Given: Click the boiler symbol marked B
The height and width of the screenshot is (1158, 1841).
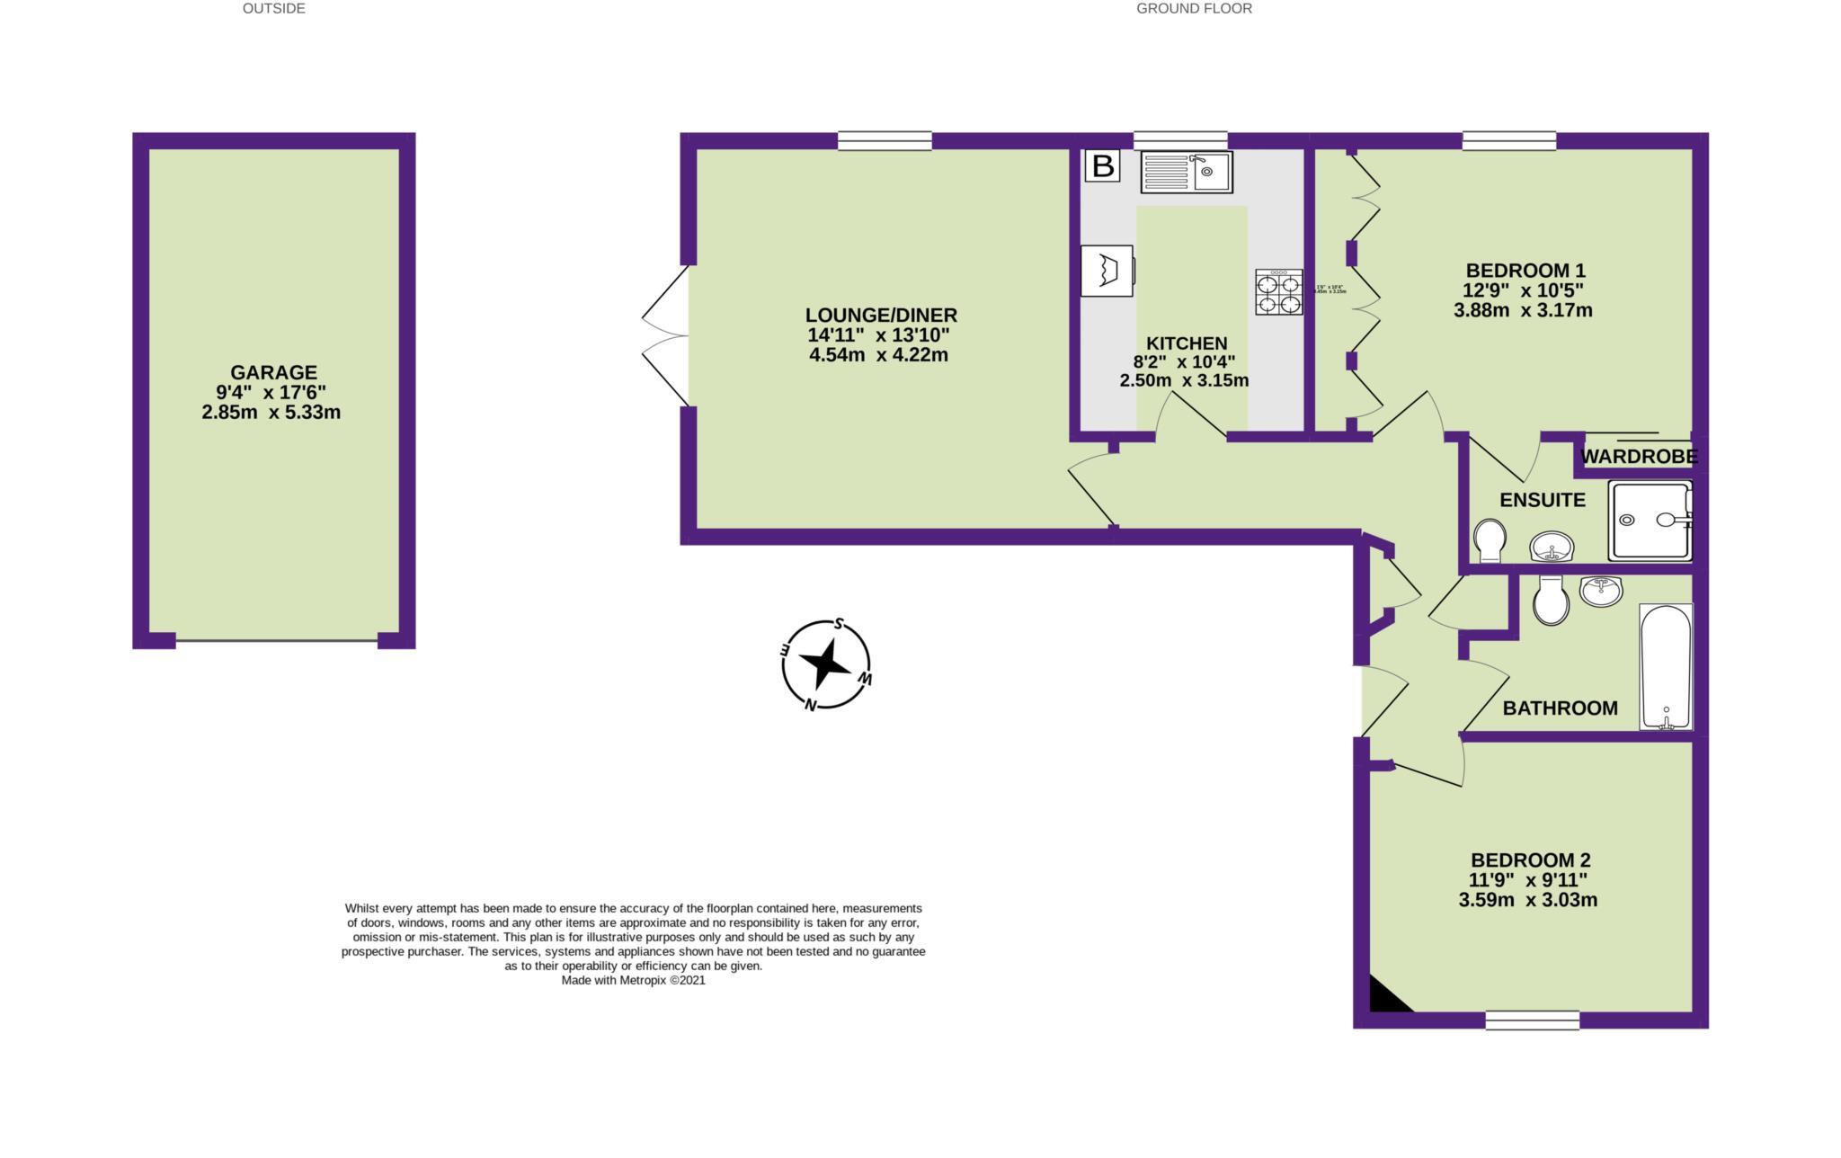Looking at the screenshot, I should (1102, 165).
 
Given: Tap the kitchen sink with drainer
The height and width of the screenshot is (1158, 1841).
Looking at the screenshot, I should (1187, 172).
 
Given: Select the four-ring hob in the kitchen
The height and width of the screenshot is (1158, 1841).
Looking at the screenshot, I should (1279, 292).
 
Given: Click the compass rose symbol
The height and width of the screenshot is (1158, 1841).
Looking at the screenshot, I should (825, 664).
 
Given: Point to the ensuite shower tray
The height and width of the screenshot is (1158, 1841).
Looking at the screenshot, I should (1650, 520).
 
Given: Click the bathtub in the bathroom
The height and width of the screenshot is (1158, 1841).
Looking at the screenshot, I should (1666, 665).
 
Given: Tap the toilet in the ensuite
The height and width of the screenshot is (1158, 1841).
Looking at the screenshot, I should (1490, 540).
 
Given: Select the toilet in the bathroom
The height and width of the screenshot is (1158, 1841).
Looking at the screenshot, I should (1552, 600).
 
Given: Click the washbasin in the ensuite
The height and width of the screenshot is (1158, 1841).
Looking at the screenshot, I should (1552, 545).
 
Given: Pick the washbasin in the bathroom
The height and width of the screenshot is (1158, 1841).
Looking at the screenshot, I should (1600, 591).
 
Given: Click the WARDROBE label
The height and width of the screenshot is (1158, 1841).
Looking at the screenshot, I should (1638, 457).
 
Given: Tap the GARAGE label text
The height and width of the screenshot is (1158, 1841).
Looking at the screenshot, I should (273, 372).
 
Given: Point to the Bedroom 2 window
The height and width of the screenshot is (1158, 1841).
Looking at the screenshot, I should (1532, 1020).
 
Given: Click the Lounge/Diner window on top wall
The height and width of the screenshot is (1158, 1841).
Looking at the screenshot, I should (885, 140).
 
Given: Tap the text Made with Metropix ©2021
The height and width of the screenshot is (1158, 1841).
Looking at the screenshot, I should (633, 981).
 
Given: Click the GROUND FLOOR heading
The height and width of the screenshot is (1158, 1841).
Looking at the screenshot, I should (1194, 9).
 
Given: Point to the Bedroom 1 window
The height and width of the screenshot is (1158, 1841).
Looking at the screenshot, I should (1509, 140).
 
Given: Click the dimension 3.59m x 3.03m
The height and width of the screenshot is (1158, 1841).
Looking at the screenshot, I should (1527, 900).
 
